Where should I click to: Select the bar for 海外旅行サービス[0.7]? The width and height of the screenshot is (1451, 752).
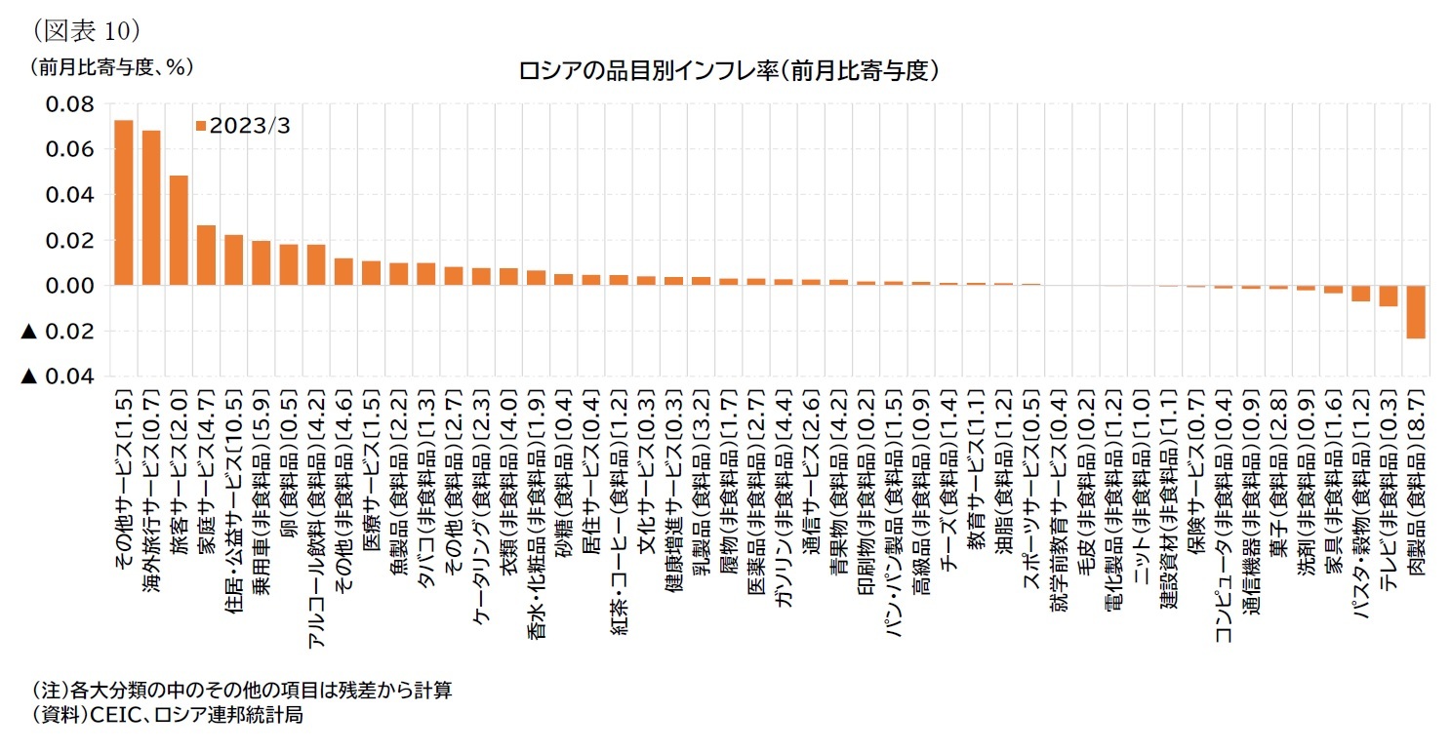pyautogui.click(x=151, y=208)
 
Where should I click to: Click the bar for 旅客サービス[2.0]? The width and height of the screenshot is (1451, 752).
pyautogui.click(x=179, y=230)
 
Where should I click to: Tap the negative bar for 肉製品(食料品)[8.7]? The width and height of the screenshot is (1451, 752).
pyautogui.click(x=1416, y=311)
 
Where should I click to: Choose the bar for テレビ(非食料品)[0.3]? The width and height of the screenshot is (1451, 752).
pyautogui.click(x=1389, y=296)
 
